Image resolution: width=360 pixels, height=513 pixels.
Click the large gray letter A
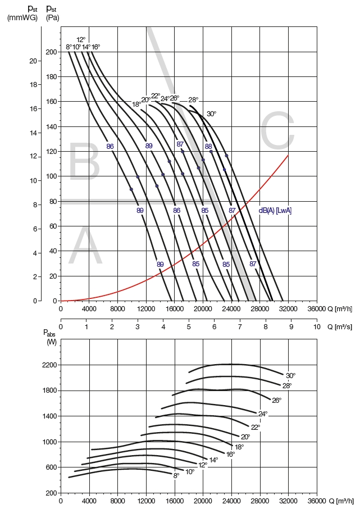(x=85, y=248)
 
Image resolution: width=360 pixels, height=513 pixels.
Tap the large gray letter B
(x=84, y=163)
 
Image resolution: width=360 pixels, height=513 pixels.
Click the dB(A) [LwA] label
(x=275, y=211)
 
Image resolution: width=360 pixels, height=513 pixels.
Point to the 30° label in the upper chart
(x=211, y=114)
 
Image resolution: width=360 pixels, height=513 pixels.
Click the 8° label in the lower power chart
(x=176, y=475)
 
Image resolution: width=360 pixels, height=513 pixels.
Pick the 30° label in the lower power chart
(x=290, y=376)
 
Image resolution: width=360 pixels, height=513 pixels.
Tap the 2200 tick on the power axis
(x=49, y=365)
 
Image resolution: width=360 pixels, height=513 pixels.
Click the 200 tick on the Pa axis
(x=52, y=52)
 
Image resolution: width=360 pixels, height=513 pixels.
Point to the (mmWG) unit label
(x=22, y=17)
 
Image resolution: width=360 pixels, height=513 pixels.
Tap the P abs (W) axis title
(x=51, y=337)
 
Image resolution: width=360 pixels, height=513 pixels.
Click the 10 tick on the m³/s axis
(x=316, y=326)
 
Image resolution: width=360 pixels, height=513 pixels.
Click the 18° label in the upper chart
(x=136, y=105)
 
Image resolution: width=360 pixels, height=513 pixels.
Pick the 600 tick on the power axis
(x=51, y=467)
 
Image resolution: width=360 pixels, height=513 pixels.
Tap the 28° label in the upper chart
(x=193, y=100)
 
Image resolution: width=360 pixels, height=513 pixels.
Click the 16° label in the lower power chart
(x=230, y=454)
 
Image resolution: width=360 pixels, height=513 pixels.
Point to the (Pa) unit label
(x=52, y=17)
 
